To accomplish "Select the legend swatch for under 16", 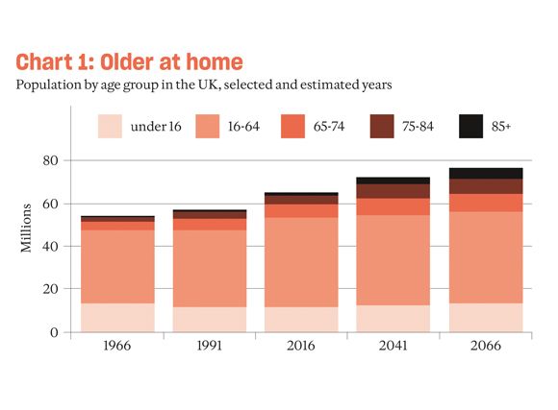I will pyautogui.click(x=112, y=128).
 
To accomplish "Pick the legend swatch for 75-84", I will pyautogui.click(x=385, y=128).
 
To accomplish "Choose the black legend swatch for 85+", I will pyautogui.click(x=471, y=128).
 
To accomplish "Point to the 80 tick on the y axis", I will pyautogui.click(x=51, y=160).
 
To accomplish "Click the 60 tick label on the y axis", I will pyautogui.click(x=51, y=204).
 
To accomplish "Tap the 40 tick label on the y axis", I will pyautogui.click(x=51, y=246).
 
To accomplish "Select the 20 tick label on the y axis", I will pyautogui.click(x=51, y=289).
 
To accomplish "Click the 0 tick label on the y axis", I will pyautogui.click(x=55, y=332).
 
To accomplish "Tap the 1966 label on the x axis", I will pyautogui.click(x=117, y=346).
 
